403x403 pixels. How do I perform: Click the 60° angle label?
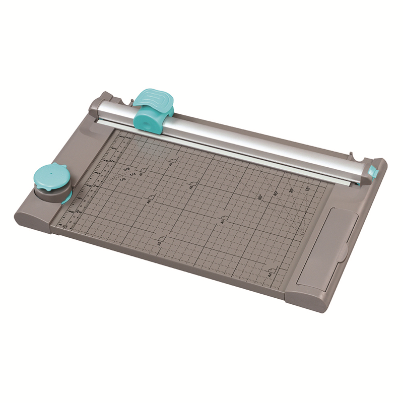point(260,197)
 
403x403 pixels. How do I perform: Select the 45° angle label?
point(276,194)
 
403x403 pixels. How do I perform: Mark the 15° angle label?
point(307,188)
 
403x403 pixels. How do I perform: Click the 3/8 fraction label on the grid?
point(127,169)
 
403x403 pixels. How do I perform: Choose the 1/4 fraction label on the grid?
point(133,174)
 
